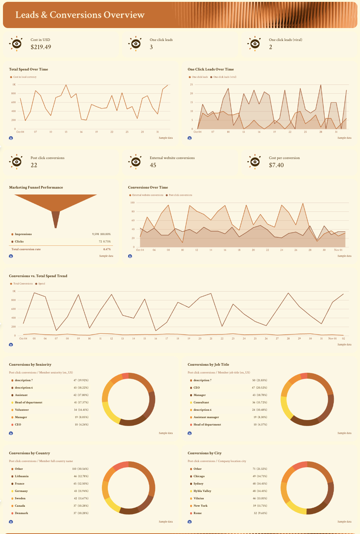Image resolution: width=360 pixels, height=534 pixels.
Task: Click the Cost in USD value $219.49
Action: tap(41, 47)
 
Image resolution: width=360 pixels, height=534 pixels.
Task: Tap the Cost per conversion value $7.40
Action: tap(276, 165)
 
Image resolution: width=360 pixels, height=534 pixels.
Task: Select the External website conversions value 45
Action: tap(153, 165)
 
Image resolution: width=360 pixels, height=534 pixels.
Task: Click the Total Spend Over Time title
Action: tap(28, 69)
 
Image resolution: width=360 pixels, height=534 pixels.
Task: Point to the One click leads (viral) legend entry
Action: tap(224, 77)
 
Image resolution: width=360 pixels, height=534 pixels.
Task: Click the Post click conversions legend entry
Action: tap(180, 195)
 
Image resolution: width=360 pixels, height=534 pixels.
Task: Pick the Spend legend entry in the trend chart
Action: tap(41, 284)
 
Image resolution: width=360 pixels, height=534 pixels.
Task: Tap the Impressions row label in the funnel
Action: tap(23, 234)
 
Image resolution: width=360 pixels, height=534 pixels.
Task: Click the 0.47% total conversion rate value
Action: tap(107, 249)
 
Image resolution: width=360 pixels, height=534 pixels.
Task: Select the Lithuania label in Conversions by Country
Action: tap(21, 476)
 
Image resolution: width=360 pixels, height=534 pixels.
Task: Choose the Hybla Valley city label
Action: tap(202, 491)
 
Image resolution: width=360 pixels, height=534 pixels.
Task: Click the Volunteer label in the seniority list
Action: tap(22, 410)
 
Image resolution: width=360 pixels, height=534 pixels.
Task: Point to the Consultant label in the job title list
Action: tap(201, 403)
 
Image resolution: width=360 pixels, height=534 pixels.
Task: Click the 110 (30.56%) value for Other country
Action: tap(80, 469)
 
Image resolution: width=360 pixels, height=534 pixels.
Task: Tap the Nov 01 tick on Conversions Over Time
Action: tap(338, 250)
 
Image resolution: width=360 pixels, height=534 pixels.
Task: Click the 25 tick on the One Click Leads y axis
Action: tap(192, 85)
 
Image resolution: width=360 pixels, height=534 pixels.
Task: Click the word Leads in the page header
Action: tap(27, 15)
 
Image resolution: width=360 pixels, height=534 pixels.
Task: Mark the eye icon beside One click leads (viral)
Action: tap(255, 44)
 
